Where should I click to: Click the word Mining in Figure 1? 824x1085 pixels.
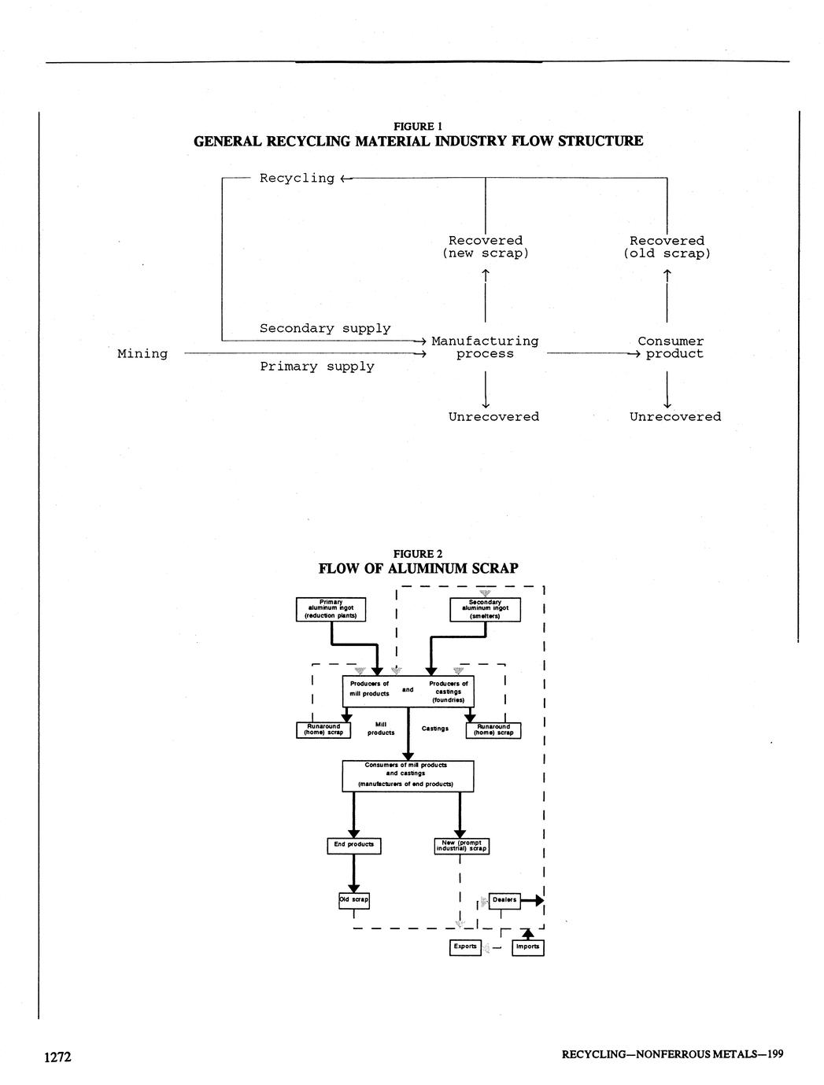(142, 354)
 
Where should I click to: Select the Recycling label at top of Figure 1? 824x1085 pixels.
(297, 179)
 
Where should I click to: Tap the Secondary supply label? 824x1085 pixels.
(325, 328)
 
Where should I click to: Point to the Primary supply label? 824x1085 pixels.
(317, 367)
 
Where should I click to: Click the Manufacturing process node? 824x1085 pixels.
(485, 348)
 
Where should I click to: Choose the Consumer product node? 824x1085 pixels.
(671, 348)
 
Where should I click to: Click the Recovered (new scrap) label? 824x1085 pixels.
(486, 247)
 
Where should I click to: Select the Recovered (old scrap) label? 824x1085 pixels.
(667, 247)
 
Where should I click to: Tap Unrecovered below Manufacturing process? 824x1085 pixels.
(493, 417)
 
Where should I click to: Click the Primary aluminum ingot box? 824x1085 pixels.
(331, 610)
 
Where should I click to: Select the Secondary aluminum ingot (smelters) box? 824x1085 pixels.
(485, 610)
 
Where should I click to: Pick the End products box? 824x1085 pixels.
(353, 845)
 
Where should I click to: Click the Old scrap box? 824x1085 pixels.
(353, 899)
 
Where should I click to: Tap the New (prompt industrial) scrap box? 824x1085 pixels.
(461, 846)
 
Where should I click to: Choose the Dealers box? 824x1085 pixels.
(504, 900)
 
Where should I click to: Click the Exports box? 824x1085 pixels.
(465, 947)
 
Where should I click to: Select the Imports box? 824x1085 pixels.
(527, 947)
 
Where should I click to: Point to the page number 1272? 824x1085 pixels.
(57, 1057)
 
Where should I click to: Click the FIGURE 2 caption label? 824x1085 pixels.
(418, 554)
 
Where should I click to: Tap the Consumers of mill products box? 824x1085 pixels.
(408, 775)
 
